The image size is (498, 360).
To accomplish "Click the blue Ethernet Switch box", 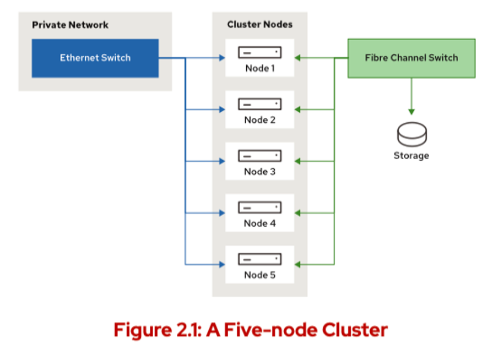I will [95, 58].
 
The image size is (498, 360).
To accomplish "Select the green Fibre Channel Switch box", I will [411, 58].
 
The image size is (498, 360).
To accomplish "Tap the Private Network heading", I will [70, 25].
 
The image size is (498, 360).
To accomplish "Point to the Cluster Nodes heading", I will [259, 25].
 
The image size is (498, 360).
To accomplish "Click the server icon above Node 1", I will [259, 53].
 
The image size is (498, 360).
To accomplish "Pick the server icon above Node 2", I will [259, 104].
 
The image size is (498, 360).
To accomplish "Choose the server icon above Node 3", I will [259, 156].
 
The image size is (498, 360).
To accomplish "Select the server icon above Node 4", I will [259, 208].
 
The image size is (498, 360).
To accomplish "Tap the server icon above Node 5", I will [259, 259].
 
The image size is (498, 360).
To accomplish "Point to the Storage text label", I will [411, 156].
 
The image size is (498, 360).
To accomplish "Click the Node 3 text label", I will [259, 172].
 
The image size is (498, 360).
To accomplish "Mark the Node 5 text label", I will [259, 275].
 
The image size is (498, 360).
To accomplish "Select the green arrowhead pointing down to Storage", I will [412, 112].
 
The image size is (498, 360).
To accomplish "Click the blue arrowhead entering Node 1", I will [222, 58].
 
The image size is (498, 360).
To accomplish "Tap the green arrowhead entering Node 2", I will [298, 110].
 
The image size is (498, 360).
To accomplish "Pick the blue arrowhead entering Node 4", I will [222, 212].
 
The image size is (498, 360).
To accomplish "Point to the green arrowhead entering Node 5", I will [298, 264].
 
